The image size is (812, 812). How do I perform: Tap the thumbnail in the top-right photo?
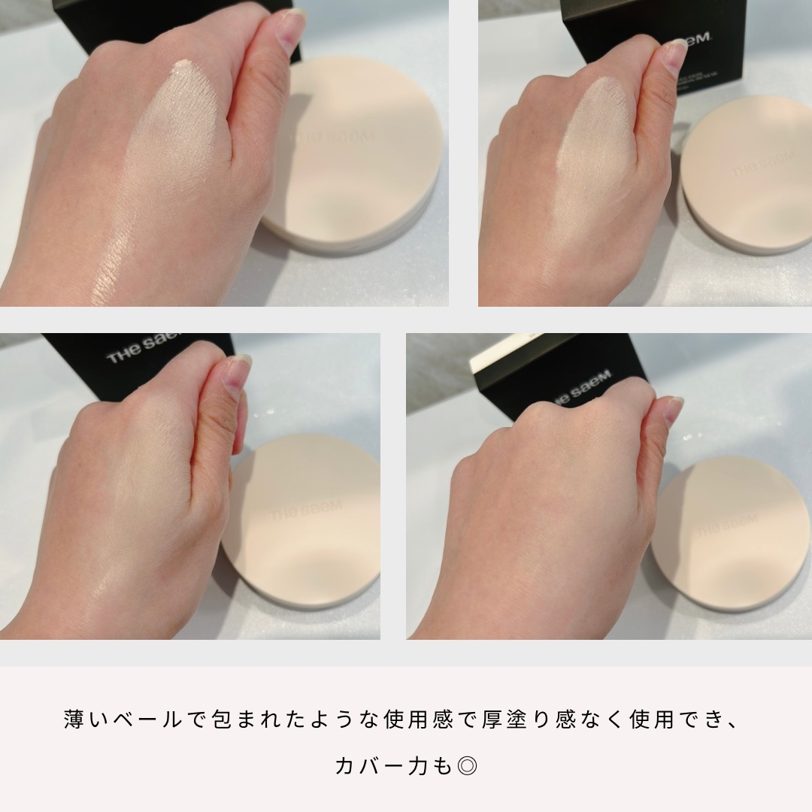(x=674, y=50)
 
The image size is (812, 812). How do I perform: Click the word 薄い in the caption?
(x=87, y=720)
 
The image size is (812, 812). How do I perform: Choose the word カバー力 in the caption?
(x=383, y=766)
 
